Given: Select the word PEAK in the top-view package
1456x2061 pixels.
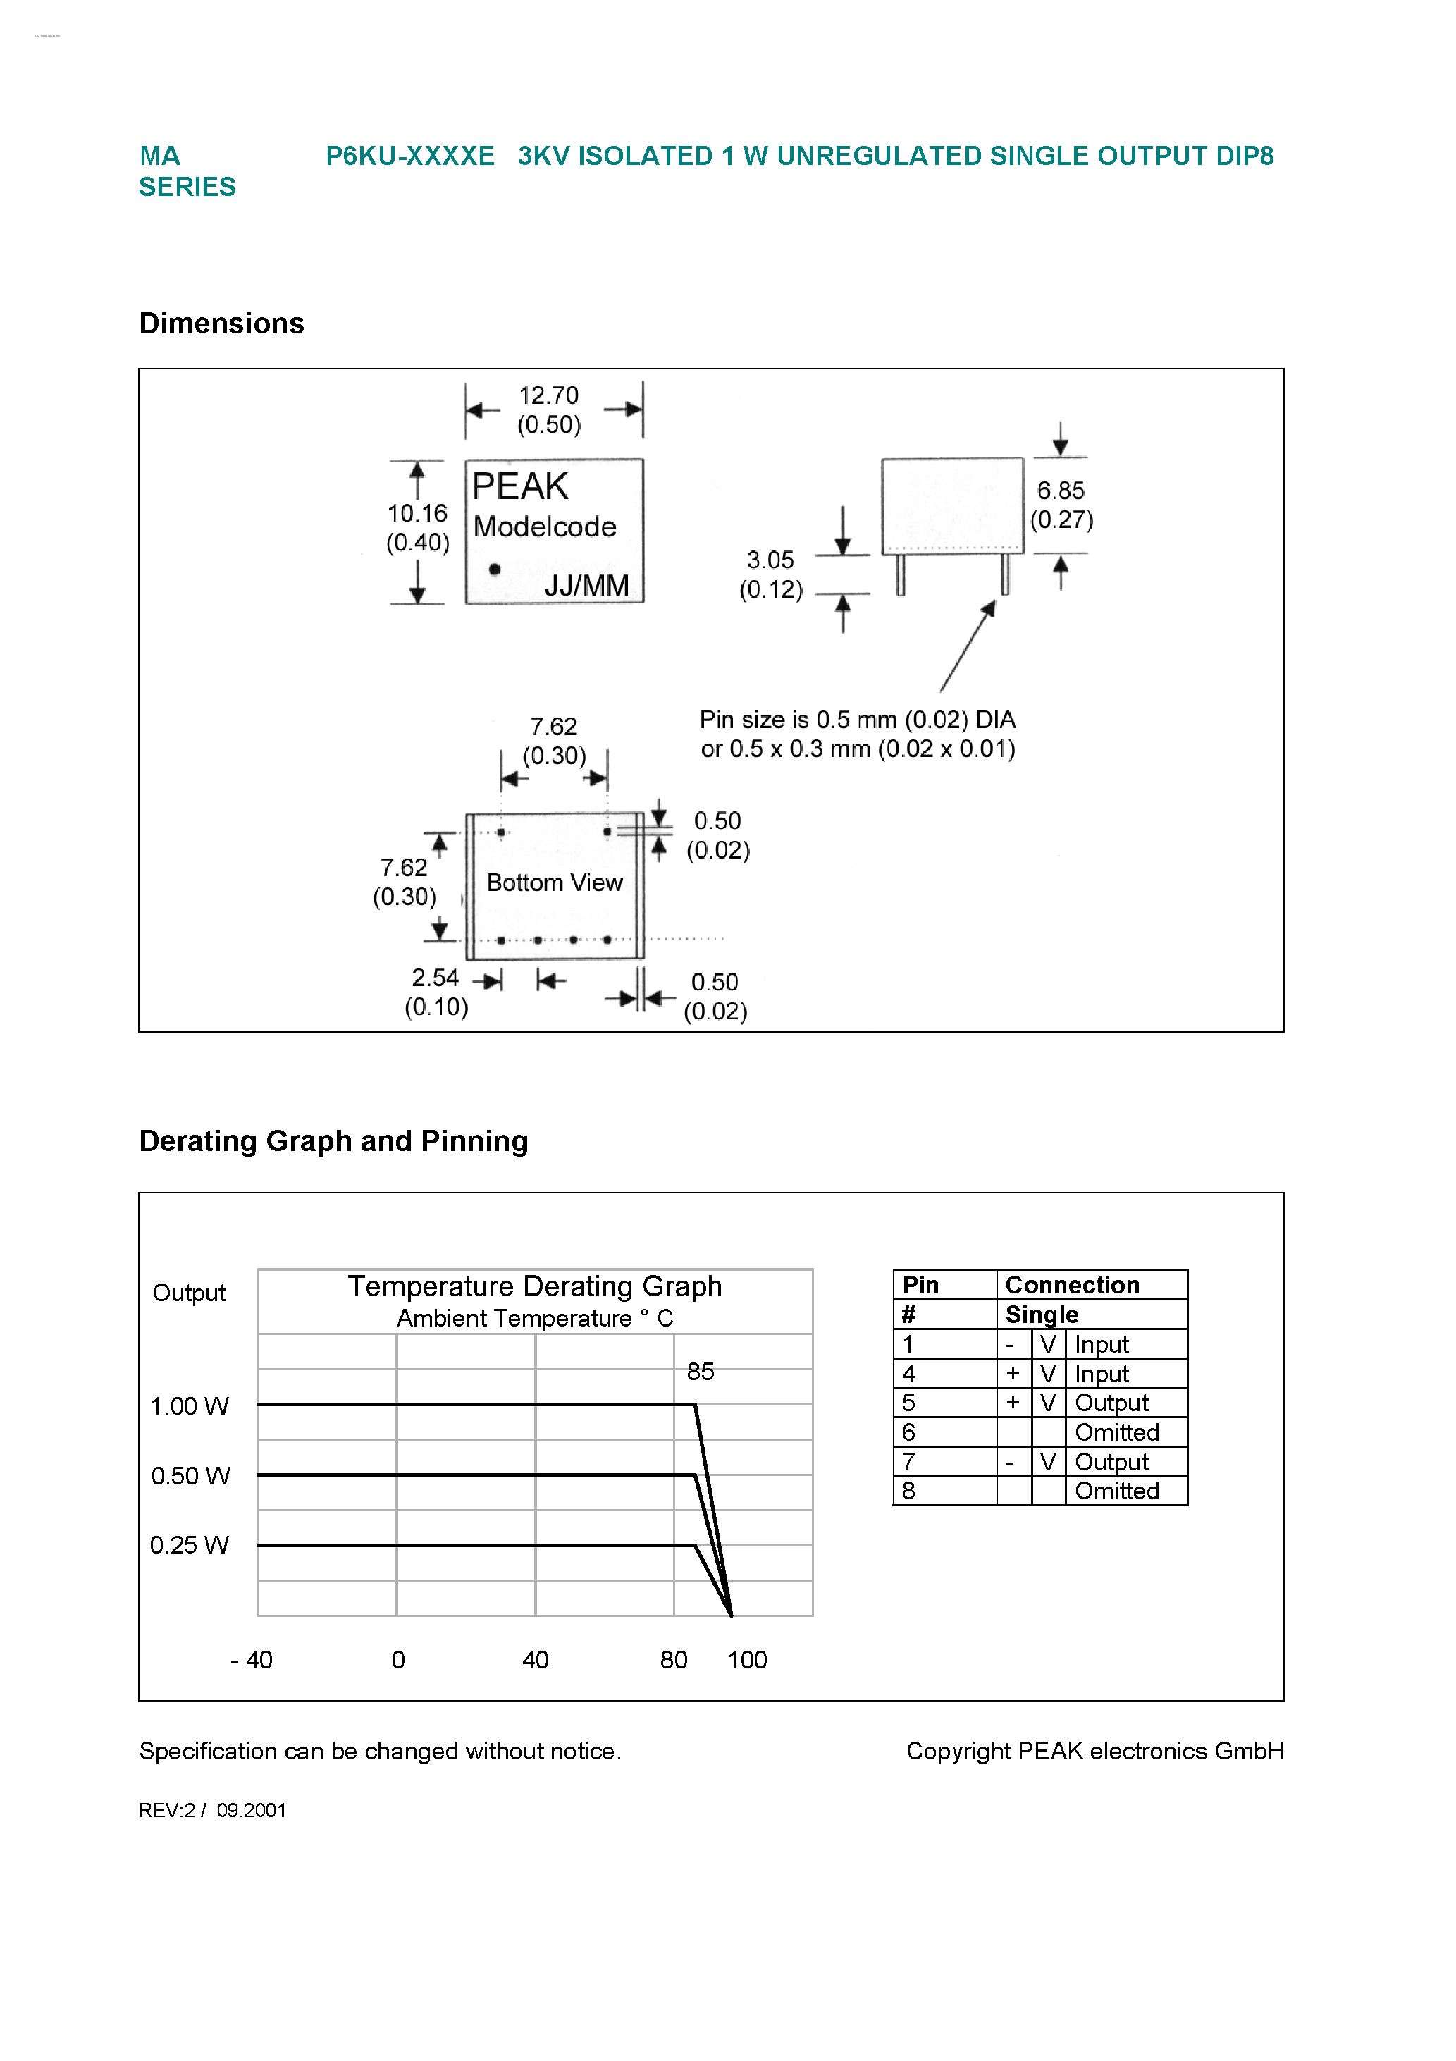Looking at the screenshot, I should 519,486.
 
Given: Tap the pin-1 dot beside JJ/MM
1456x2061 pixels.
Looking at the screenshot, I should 495,569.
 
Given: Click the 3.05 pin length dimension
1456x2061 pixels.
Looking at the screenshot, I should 770,560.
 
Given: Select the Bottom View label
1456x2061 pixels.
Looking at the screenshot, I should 554,883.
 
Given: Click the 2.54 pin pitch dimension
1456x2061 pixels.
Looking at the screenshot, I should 434,978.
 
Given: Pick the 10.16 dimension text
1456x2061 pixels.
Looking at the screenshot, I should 417,513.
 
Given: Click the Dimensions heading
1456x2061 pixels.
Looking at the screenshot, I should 222,323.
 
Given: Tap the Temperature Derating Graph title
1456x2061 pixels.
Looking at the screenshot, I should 534,1286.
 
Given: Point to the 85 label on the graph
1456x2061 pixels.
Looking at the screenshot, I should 701,1372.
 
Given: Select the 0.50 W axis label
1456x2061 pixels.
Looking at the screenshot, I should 190,1476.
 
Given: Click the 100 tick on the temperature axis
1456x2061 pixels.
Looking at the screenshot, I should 747,1660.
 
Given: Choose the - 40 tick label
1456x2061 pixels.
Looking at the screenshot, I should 252,1660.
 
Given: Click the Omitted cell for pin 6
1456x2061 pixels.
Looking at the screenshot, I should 1117,1433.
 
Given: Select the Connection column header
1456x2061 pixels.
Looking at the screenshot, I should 1072,1286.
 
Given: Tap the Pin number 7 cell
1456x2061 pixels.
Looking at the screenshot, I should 908,1463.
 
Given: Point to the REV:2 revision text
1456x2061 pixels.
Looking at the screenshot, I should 167,1811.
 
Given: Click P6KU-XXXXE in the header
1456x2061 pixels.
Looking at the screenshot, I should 410,156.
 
